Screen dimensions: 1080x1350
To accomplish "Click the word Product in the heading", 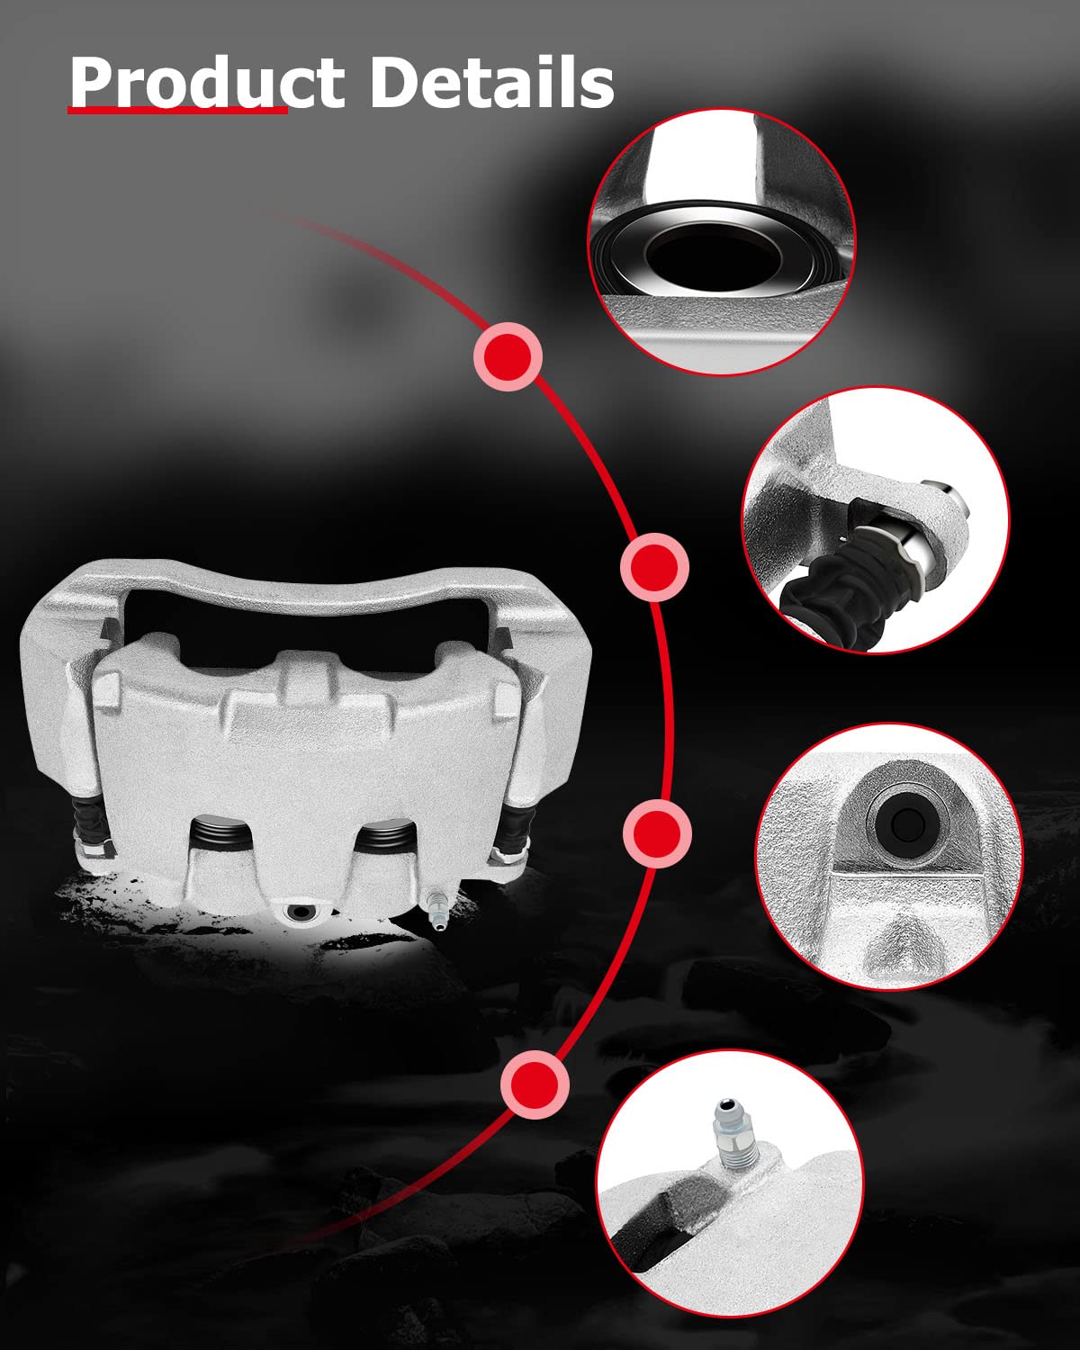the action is (206, 82).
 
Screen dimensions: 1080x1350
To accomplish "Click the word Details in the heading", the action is (491, 81).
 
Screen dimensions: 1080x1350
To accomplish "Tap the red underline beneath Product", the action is (177, 111).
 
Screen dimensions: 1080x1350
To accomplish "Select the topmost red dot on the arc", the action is (508, 356).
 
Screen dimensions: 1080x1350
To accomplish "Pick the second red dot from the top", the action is (654, 567).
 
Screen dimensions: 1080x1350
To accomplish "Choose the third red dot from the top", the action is (657, 833).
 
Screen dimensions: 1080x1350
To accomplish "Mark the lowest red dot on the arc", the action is (535, 1084).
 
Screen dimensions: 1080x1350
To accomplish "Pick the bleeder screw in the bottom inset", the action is (733, 1136).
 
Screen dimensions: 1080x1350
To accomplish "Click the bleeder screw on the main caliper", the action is (436, 911).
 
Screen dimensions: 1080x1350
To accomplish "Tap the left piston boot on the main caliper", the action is (220, 834).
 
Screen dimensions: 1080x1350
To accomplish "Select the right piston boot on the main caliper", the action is (384, 834).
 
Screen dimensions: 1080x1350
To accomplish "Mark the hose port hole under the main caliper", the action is (300, 913).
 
